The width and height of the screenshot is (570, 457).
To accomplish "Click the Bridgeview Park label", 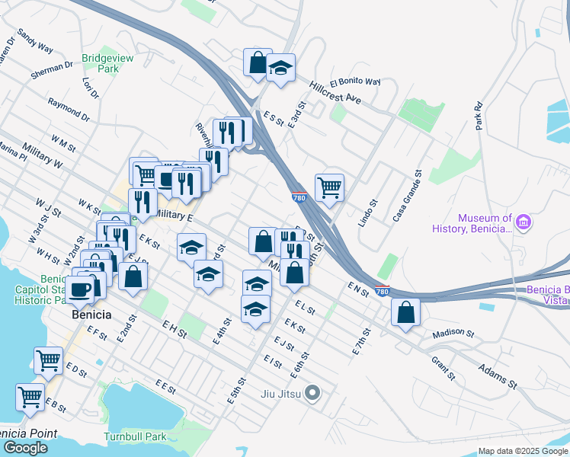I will (x=101, y=62).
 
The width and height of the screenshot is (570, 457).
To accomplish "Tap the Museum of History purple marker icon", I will (x=523, y=222).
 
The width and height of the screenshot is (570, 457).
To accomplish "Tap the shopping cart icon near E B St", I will (x=30, y=396).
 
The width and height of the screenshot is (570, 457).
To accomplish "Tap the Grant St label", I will (x=443, y=369).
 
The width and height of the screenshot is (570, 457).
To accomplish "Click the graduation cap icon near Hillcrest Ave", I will (x=280, y=69).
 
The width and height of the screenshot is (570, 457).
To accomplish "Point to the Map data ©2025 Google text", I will (x=522, y=451).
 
